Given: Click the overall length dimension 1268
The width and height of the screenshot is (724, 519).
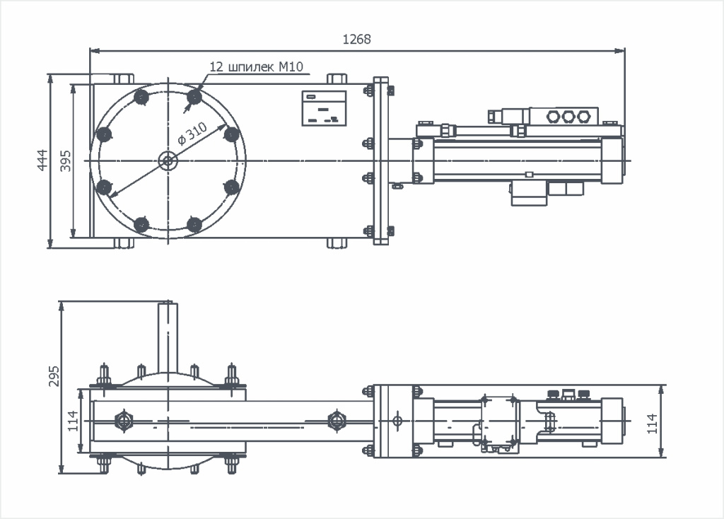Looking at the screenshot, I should coord(356,40).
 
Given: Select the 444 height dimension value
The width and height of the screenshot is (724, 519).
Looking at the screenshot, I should coord(42,161).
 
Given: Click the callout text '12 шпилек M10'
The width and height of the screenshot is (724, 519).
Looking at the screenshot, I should coord(256,67).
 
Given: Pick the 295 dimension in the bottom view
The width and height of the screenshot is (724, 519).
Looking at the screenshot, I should coord(54,377).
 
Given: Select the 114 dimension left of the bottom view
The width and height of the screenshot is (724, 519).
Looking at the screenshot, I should coord(73,422).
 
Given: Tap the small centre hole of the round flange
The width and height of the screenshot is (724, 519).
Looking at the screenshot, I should coord(168,161).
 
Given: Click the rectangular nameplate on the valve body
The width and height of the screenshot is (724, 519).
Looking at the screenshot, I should coord(325,108).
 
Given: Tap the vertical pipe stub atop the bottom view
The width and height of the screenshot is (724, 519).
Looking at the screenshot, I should coord(168,337).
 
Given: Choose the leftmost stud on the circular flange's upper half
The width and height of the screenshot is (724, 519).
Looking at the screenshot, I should coord(104,134).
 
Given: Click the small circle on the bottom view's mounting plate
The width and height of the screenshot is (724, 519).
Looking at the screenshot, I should coord(397,421).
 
